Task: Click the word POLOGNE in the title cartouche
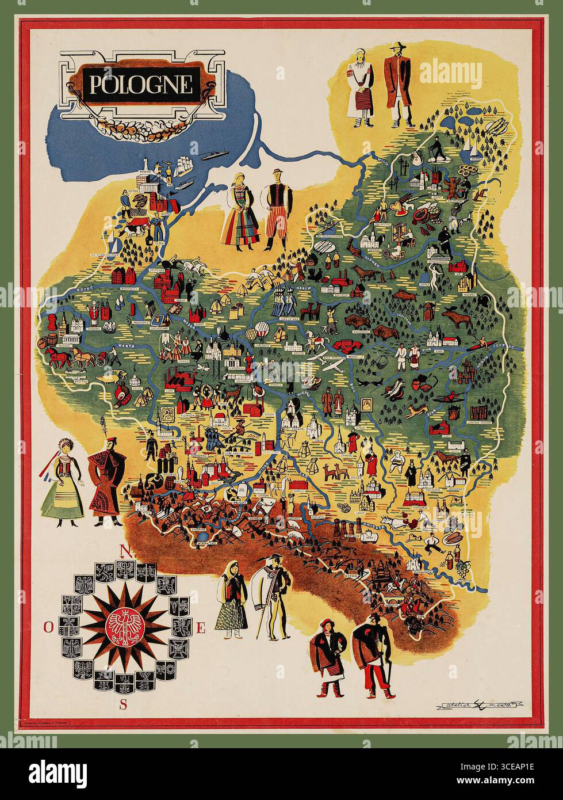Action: (140, 85)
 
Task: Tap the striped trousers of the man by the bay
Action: (271, 228)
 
